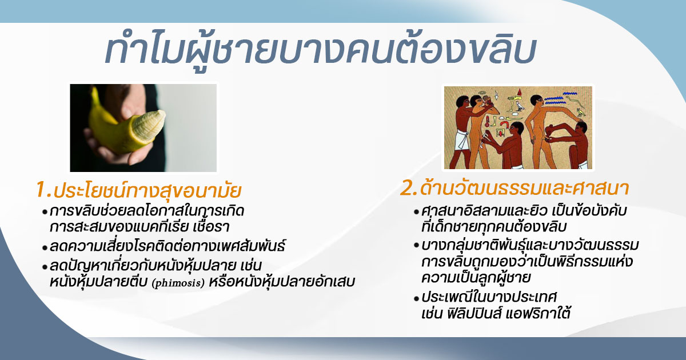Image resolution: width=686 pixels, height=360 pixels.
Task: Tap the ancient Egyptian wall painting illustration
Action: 518,127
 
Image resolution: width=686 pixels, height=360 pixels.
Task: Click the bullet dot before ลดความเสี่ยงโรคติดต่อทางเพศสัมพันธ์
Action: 45,248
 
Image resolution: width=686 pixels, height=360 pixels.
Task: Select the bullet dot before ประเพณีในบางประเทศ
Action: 416,298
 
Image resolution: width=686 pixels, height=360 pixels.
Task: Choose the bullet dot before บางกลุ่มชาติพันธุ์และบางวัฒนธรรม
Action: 416,246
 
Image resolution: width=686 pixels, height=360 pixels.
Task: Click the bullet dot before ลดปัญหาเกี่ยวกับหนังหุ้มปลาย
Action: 45,267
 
